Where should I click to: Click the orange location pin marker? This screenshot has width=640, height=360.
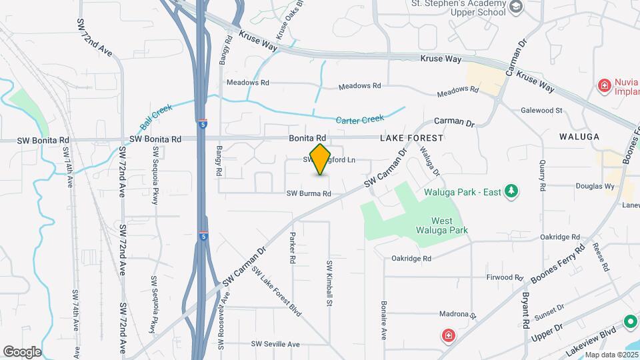tap(321, 159)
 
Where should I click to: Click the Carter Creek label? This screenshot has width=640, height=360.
tap(360, 120)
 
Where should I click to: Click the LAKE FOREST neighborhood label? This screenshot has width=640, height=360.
tap(411, 138)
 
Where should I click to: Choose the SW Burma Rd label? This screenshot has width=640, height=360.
tap(309, 194)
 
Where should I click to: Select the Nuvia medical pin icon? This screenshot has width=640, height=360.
tap(605, 85)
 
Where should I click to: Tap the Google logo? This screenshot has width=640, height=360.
tap(22, 351)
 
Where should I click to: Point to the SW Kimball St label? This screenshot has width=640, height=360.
tap(329, 283)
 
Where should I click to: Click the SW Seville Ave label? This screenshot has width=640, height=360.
tap(275, 344)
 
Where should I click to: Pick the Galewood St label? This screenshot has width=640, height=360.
tap(541, 110)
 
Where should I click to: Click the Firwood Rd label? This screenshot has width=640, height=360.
tap(504, 277)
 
